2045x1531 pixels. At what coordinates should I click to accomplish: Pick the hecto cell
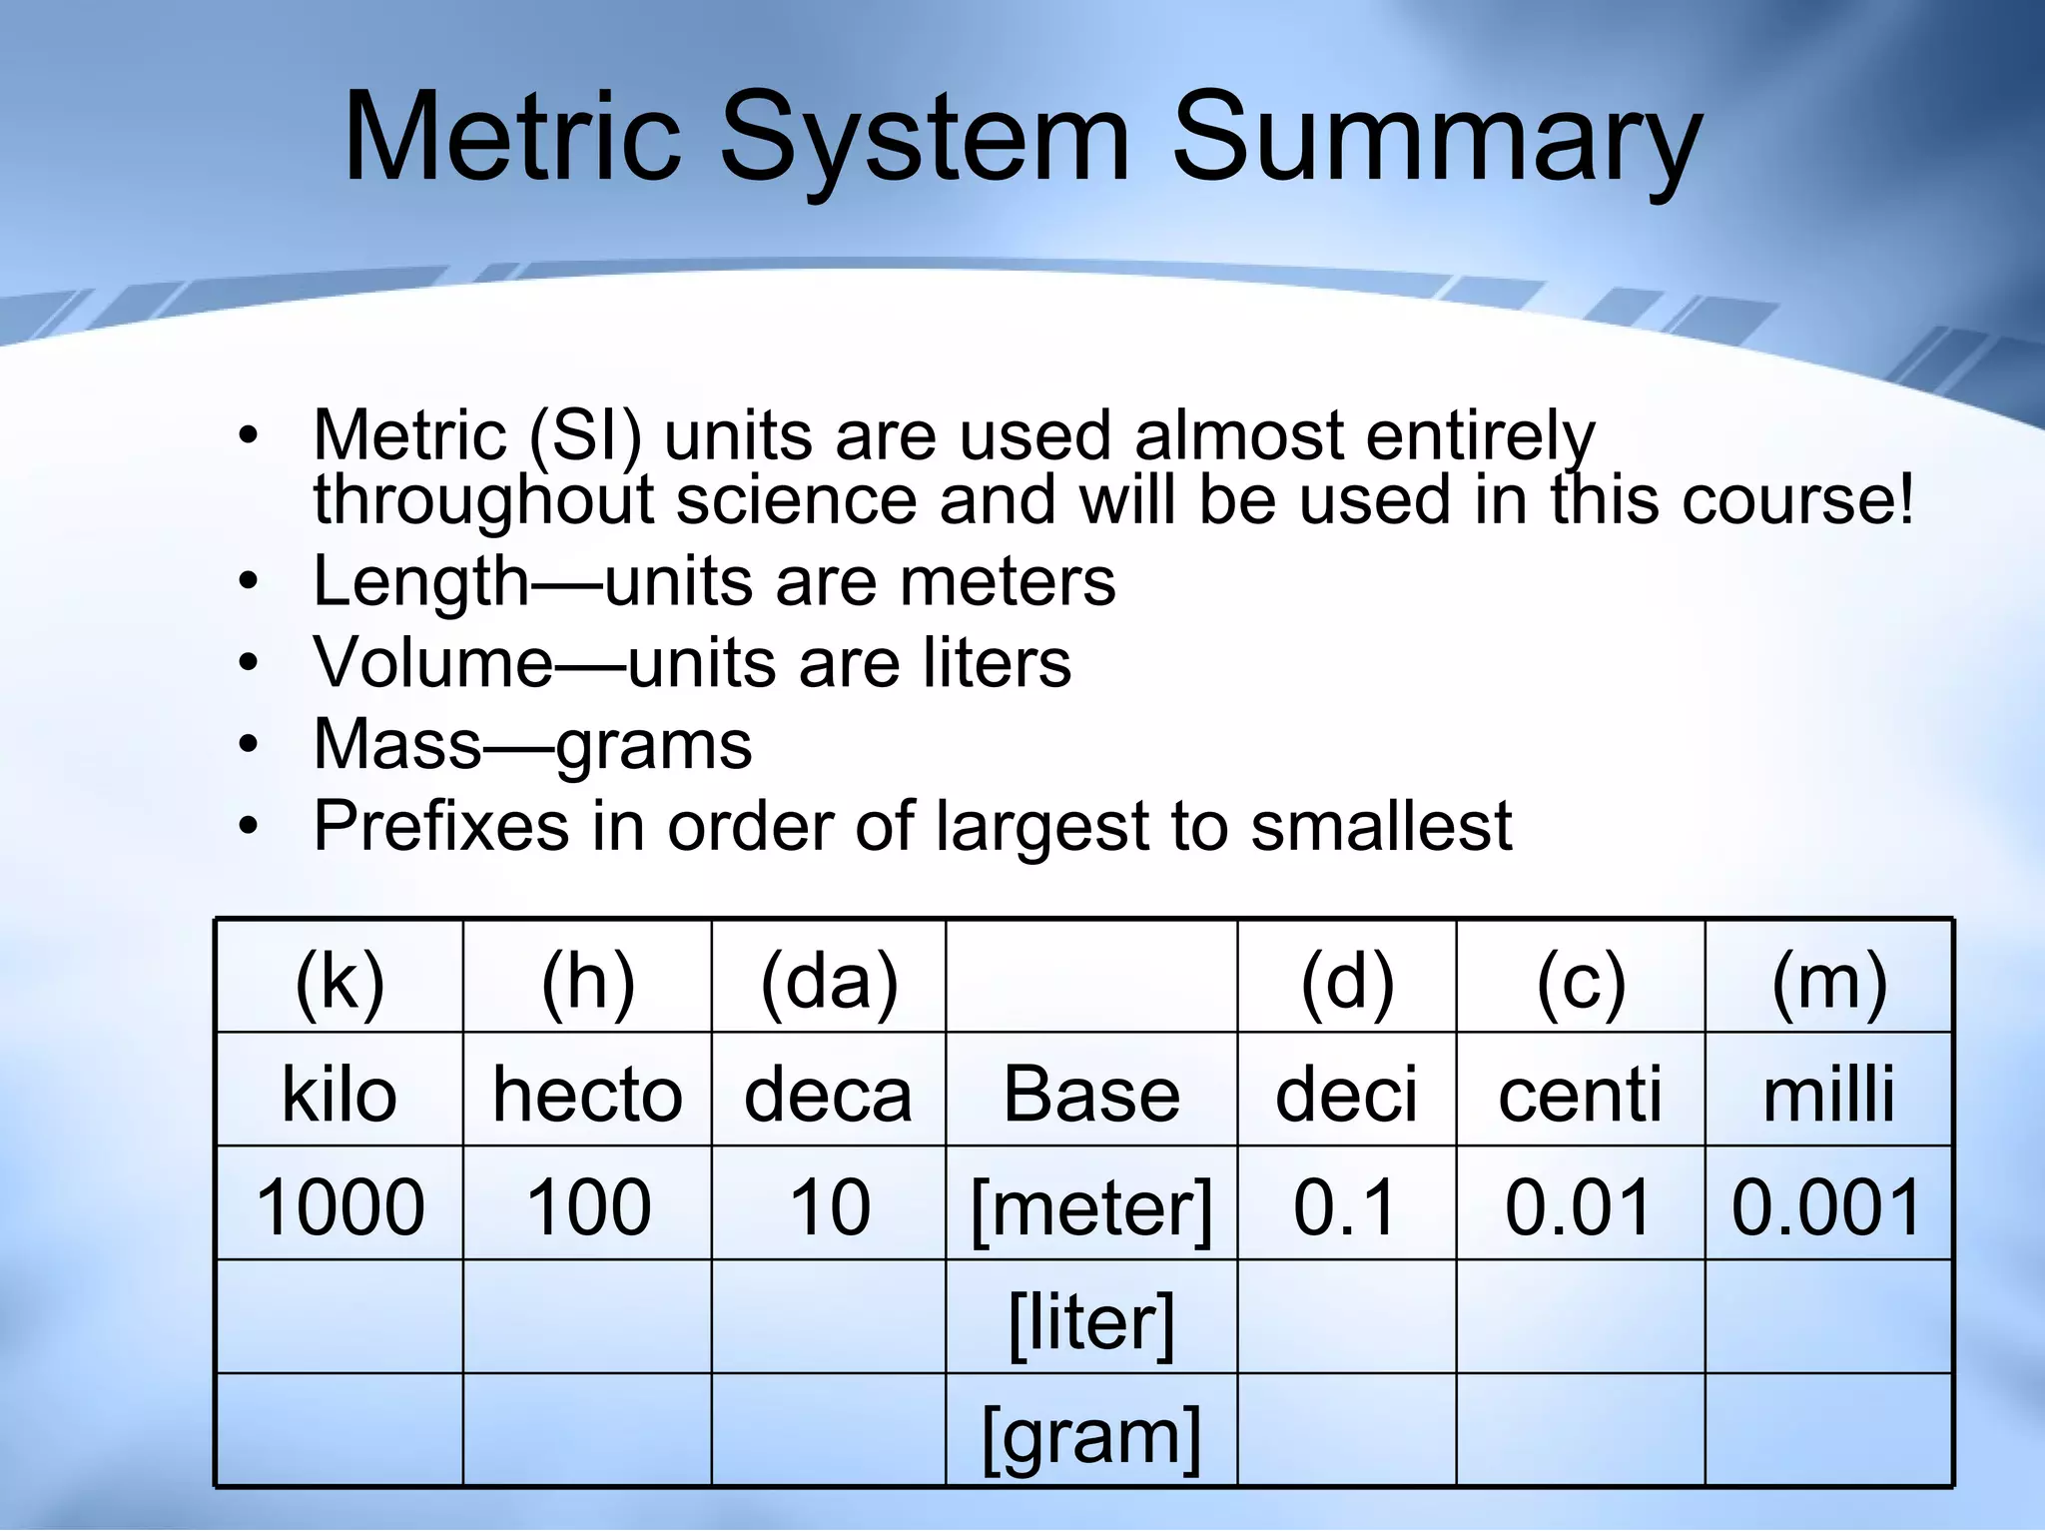(587, 1095)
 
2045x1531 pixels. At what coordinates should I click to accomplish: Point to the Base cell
(1091, 1095)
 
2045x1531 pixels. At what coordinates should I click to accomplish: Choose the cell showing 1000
(340, 1207)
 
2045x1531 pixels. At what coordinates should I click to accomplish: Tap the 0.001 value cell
(1827, 1207)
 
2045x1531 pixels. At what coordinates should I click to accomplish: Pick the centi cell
(1580, 1095)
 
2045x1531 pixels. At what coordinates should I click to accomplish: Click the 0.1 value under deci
(1345, 1207)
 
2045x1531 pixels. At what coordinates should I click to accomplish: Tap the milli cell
(1828, 1095)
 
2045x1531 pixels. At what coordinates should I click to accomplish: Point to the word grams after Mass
(653, 746)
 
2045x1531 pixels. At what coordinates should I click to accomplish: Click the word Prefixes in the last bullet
(440, 827)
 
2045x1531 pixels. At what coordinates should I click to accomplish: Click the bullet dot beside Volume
(249, 664)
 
